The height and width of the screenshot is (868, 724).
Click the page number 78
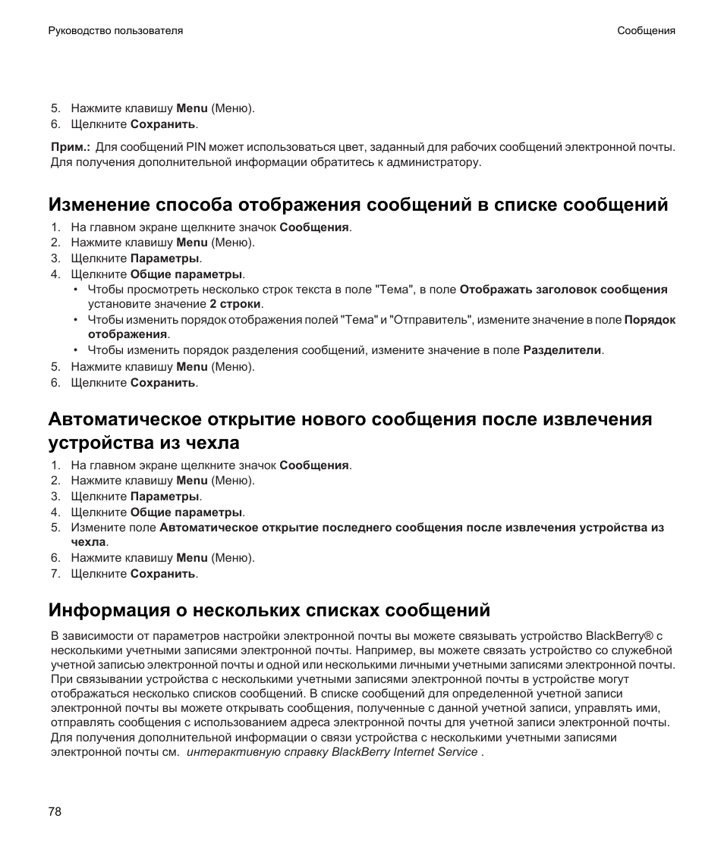(55, 812)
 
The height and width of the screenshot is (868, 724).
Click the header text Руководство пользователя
(115, 31)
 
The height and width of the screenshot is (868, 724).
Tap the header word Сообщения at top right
(646, 31)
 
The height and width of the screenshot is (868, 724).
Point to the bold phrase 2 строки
(235, 304)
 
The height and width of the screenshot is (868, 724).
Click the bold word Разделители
(562, 350)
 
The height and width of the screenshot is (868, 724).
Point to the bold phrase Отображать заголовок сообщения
(563, 289)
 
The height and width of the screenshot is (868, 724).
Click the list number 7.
(55, 574)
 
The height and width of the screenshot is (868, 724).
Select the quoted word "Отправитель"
(430, 320)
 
